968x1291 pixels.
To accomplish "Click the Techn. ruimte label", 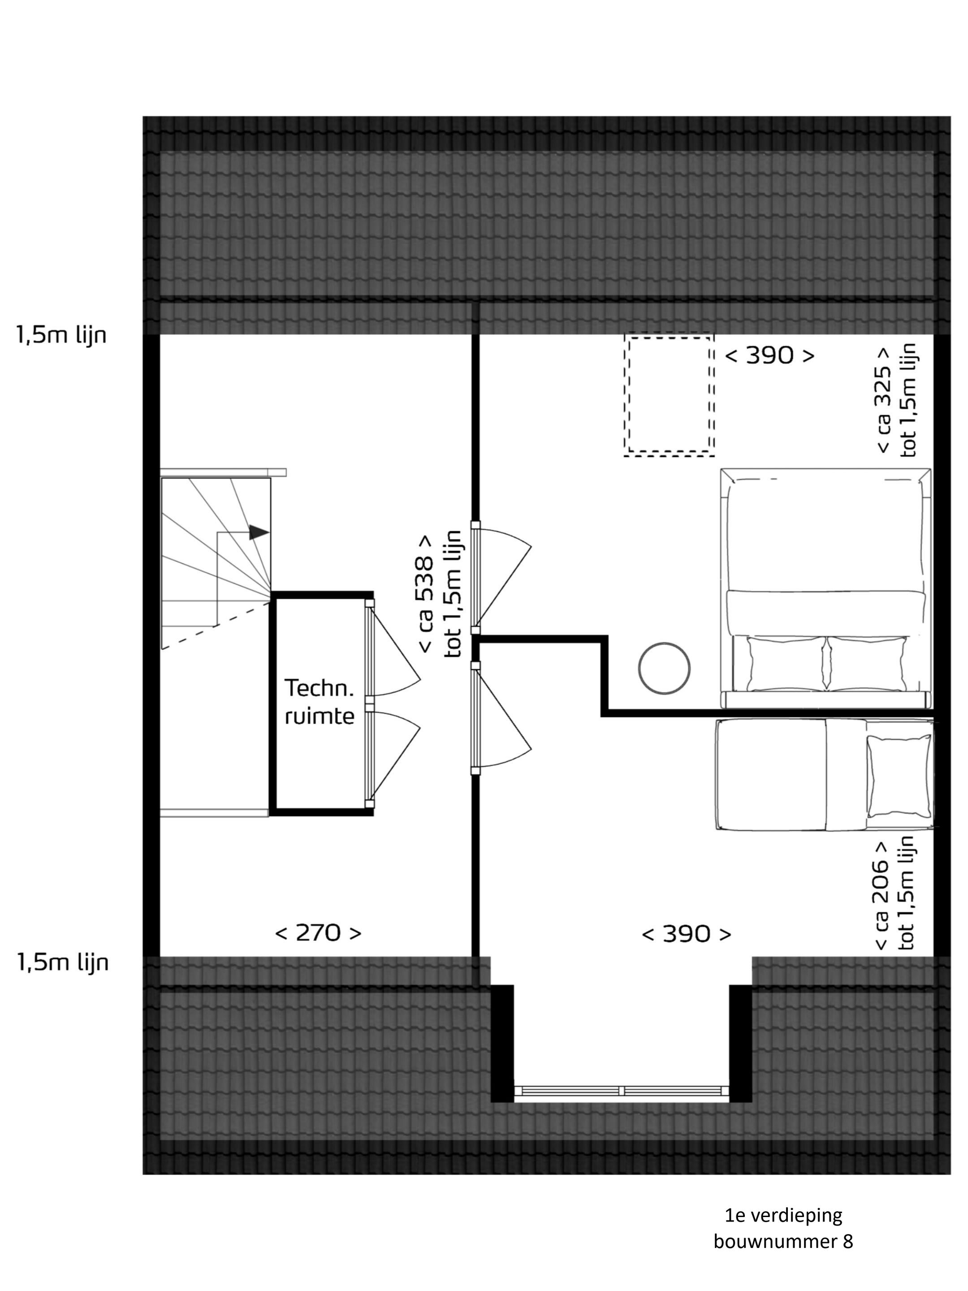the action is coord(319,702).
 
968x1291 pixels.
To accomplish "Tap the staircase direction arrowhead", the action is coord(259,532).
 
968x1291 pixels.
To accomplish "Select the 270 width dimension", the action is coord(318,933).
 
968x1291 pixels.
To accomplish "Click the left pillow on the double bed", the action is coord(787,663).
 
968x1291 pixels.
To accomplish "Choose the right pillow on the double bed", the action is coord(866,663).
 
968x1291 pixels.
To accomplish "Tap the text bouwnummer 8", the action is coord(783,1241).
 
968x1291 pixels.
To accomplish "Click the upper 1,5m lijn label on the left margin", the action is coord(61,336).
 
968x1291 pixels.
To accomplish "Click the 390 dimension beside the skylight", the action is coord(769,355).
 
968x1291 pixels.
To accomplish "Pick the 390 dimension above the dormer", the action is coord(686,934).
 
